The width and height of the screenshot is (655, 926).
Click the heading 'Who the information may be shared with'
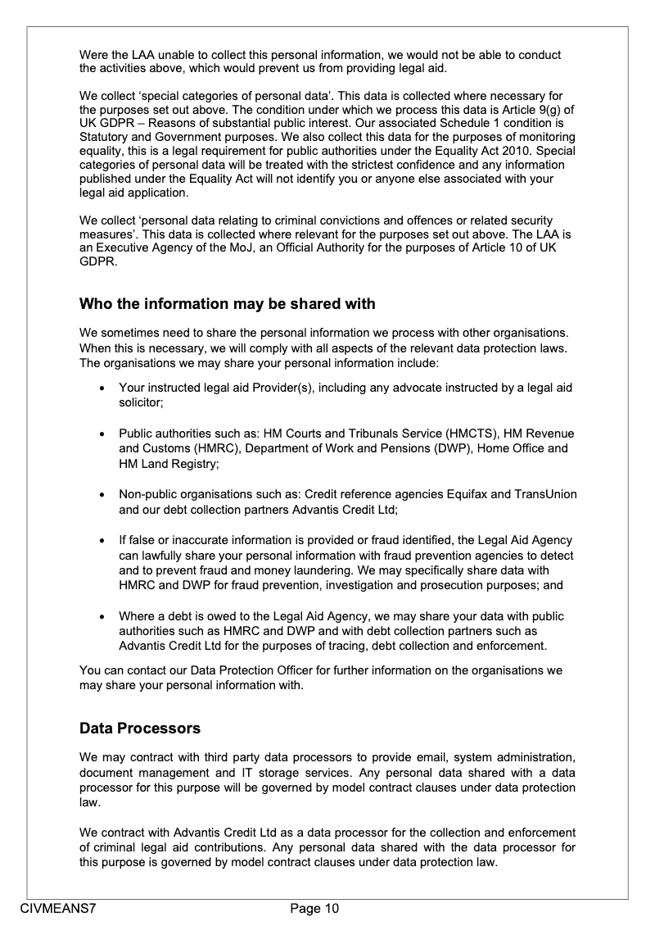point(227,304)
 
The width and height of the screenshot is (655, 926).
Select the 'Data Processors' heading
point(140,728)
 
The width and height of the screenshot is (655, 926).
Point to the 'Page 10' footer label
point(314,908)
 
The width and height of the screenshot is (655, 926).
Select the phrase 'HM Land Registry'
point(168,464)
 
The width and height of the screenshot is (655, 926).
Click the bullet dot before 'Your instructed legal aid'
point(101,388)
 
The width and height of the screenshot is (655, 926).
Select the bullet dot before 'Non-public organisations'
point(101,495)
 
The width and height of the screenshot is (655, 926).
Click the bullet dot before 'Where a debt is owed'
point(101,616)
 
